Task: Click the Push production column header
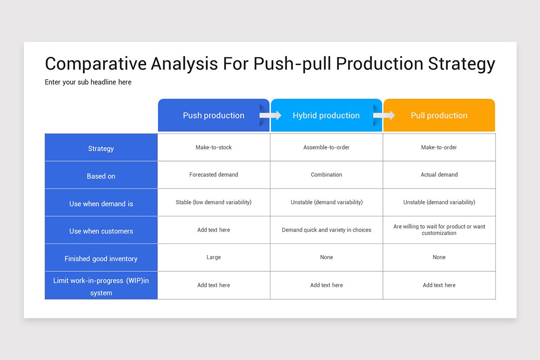click(x=213, y=116)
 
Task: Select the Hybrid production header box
click(x=326, y=116)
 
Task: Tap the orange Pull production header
click(x=439, y=116)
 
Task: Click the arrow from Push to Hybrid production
click(x=270, y=116)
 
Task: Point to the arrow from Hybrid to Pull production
click(x=384, y=116)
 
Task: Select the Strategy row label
click(x=101, y=148)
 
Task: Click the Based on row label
click(x=101, y=176)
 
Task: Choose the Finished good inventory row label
click(x=101, y=258)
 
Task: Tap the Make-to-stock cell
click(x=214, y=148)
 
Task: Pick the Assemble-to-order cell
click(x=326, y=148)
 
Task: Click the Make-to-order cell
click(x=439, y=148)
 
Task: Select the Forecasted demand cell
click(x=214, y=175)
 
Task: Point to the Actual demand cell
click(x=439, y=175)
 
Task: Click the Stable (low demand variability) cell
click(x=214, y=202)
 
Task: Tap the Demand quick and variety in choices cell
click(x=326, y=230)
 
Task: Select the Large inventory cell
click(x=214, y=257)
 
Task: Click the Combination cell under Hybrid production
click(x=326, y=175)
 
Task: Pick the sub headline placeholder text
click(x=88, y=82)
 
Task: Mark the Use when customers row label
click(x=101, y=231)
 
